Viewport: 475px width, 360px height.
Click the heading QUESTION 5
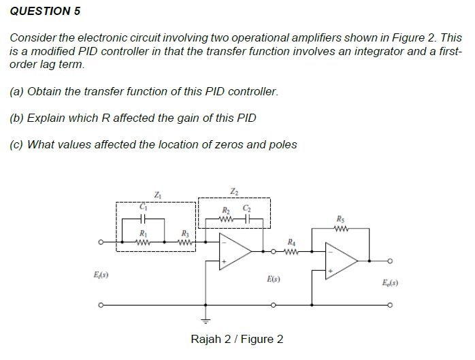click(40, 11)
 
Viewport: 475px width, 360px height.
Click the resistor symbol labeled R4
click(291, 250)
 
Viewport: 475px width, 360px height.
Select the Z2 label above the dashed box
click(234, 190)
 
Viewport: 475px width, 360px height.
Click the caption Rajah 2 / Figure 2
click(237, 339)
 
